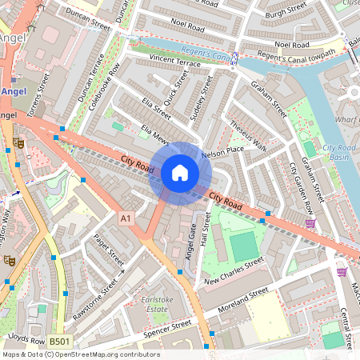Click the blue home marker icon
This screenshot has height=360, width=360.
tap(180, 173)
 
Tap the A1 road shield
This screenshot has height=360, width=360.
tap(126, 218)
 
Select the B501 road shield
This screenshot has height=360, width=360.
tap(58, 342)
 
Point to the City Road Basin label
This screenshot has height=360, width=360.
tap(338, 152)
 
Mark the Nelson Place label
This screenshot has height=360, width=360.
tap(223, 150)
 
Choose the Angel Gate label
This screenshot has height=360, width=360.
tap(190, 239)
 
